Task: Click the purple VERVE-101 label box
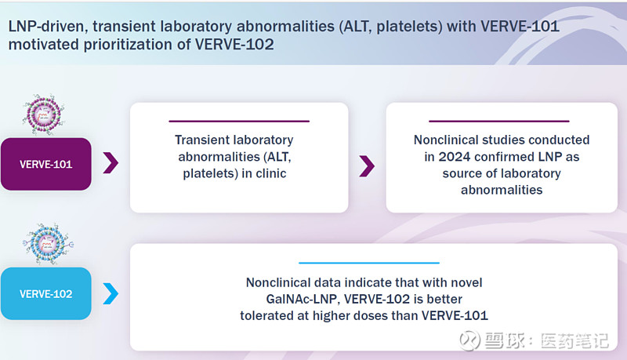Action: point(45,164)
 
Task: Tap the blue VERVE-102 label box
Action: point(45,294)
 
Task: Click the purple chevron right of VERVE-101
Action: point(111,163)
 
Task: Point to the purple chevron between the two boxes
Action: point(367,165)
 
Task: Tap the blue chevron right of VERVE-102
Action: point(111,294)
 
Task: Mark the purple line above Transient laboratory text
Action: point(238,121)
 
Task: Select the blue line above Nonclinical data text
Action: point(369,263)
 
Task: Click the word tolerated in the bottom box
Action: point(268,315)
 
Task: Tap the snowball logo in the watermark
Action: point(469,340)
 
